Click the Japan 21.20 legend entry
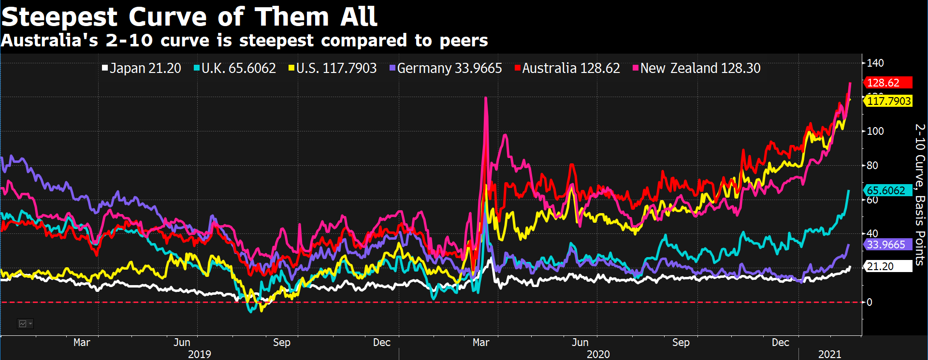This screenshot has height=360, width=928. [x=141, y=68]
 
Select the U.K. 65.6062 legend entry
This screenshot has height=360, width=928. [x=235, y=68]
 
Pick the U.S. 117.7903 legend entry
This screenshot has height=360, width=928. [x=333, y=68]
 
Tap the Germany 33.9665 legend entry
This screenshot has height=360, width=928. [x=446, y=68]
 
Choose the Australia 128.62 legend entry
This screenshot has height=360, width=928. [x=567, y=68]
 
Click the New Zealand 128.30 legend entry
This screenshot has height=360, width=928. [x=696, y=68]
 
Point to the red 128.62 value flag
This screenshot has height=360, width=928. [x=887, y=83]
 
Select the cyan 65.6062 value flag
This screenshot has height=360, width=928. [x=887, y=190]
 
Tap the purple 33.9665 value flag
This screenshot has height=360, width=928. [x=887, y=245]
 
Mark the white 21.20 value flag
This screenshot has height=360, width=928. [x=887, y=266]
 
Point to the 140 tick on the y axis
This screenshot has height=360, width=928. [x=875, y=63]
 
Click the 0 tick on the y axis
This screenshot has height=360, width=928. [x=870, y=302]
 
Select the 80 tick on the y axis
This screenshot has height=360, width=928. [x=872, y=165]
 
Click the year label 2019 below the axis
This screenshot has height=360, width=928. [x=199, y=354]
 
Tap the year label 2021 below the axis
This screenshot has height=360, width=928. [x=829, y=354]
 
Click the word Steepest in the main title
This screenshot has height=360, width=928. [x=59, y=17]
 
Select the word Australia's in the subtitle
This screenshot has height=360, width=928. [x=50, y=41]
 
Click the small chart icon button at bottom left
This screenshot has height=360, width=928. [x=25, y=324]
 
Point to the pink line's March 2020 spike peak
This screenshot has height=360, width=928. [x=486, y=98]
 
